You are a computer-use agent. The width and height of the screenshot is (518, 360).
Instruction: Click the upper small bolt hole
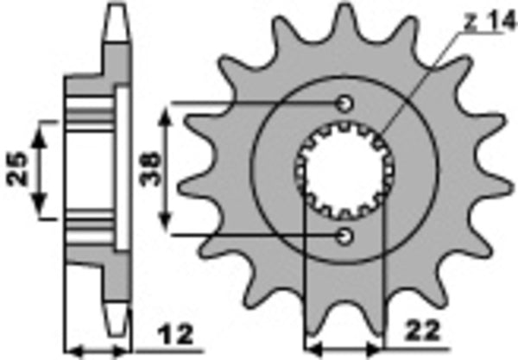click(x=345, y=103)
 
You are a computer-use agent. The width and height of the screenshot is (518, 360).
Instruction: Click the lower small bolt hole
click(x=345, y=234)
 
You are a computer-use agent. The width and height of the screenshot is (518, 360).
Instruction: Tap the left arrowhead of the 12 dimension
click(x=73, y=351)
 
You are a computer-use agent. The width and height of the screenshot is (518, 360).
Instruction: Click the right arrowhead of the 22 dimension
click(x=377, y=351)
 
